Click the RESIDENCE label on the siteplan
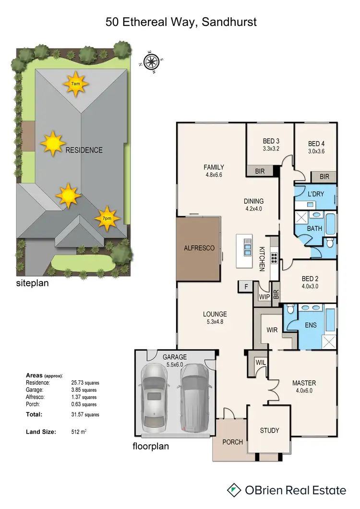pos(84,150)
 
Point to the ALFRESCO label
pos(199,248)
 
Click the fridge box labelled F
pos(245,287)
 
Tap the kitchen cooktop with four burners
pos(274,258)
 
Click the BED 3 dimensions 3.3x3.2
pos(271,149)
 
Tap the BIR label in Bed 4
pos(324,177)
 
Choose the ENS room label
pos(311,325)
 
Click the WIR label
pos(272,330)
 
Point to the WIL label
pos(260,362)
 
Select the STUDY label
pos(269,430)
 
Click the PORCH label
pos(233,442)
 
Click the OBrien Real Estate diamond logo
pos(234,490)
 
